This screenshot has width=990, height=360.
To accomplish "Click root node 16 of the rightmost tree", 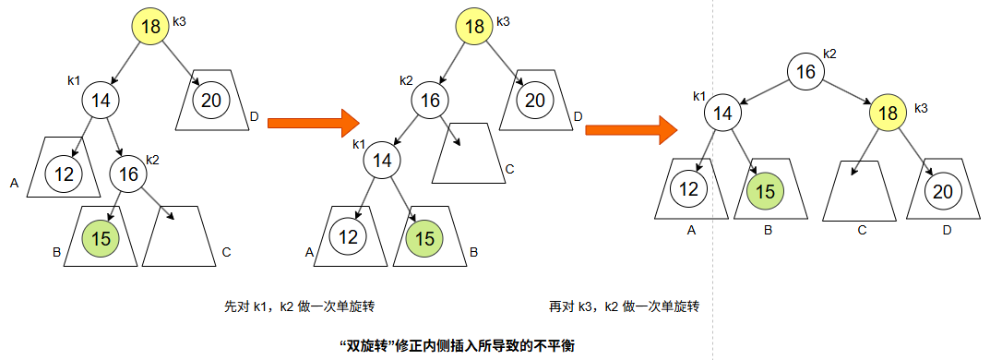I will (x=805, y=72).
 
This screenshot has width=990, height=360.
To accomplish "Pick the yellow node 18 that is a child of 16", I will (x=889, y=113).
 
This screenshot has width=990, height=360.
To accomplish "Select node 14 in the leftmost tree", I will (x=101, y=99).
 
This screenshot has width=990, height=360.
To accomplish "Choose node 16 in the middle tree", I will (x=430, y=102).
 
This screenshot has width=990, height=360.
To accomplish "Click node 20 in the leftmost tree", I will (x=211, y=100).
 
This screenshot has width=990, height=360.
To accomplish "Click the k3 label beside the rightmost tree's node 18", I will (x=921, y=109).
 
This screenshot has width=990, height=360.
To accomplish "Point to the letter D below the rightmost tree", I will (x=947, y=229).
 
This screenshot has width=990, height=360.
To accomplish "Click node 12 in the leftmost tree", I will (x=64, y=173).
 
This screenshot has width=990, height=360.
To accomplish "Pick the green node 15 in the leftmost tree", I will (x=101, y=238).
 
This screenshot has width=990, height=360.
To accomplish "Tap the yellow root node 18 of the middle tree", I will (x=474, y=26).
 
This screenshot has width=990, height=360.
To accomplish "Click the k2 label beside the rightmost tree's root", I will (x=829, y=54).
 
